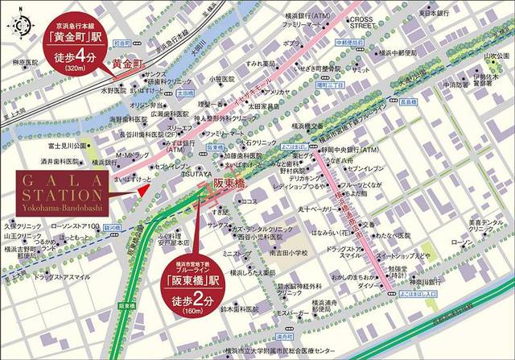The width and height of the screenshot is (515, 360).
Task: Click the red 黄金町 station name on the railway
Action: coord(126,61)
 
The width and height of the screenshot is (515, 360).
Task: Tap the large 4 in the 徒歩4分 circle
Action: coord(84,57)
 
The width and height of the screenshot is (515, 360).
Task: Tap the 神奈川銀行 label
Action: coord(426,283)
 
